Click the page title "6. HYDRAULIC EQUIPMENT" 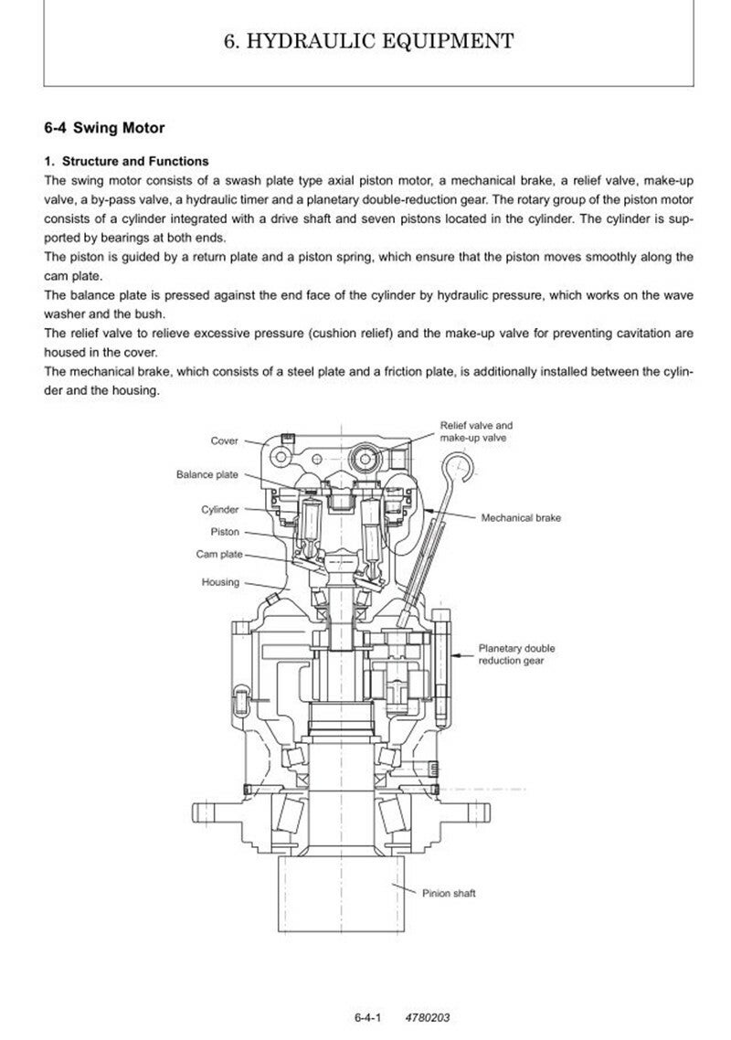[x=368, y=40]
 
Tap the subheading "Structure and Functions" [x=133, y=161]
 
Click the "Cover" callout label [x=224, y=441]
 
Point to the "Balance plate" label [x=207, y=474]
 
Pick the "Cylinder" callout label [x=220, y=509]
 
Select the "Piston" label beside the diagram [x=225, y=531]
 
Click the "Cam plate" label [x=218, y=555]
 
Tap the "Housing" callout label [x=220, y=582]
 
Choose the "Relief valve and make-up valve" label [x=476, y=432]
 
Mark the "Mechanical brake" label [x=521, y=518]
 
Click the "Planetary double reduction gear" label [x=516, y=654]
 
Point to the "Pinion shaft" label [x=449, y=893]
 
